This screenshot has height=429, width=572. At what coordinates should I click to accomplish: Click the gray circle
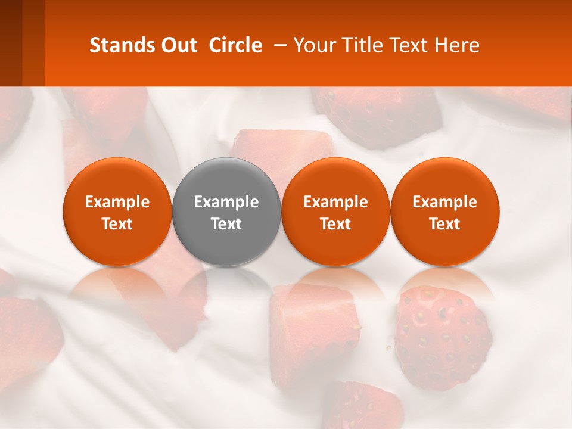coord(226,212)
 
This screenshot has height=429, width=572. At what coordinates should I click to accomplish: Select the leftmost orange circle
coord(117,212)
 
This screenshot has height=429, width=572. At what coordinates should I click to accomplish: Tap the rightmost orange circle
coord(444,212)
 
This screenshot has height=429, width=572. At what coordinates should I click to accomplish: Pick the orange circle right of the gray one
coord(335,212)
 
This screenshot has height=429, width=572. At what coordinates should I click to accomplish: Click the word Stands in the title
coord(123,45)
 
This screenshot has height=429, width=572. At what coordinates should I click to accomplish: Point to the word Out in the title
coord(179,45)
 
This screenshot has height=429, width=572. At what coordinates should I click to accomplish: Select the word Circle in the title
coord(235,45)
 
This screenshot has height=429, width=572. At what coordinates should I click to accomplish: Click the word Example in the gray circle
coord(226,202)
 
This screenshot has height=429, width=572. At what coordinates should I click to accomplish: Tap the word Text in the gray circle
coord(226,224)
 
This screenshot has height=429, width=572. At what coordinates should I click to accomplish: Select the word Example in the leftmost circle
coord(117,202)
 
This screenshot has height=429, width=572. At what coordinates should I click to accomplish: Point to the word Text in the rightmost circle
coord(444,224)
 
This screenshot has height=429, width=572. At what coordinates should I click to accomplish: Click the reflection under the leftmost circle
coord(117,286)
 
